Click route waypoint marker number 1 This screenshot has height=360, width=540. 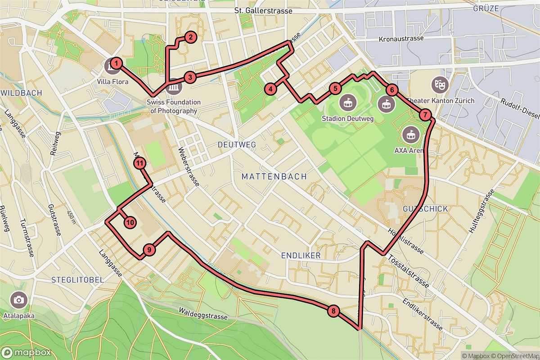tap(116, 63)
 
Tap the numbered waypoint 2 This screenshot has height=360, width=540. tap(190, 37)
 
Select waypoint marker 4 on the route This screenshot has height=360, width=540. tap(270, 89)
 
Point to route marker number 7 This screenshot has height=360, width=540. tap(425, 115)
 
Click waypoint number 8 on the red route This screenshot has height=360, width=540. tap(333, 310)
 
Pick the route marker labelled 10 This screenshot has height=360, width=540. tap(130, 222)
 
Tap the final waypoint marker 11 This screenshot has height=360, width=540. tap(140, 163)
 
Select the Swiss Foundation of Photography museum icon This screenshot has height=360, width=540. tap(173, 87)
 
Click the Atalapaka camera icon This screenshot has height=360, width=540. tap(18, 300)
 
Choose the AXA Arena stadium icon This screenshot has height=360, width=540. tap(410, 133)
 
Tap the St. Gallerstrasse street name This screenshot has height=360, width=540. tap(270, 11)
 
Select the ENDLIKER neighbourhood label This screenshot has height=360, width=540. tap(301, 256)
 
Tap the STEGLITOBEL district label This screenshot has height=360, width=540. tap(78, 279)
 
